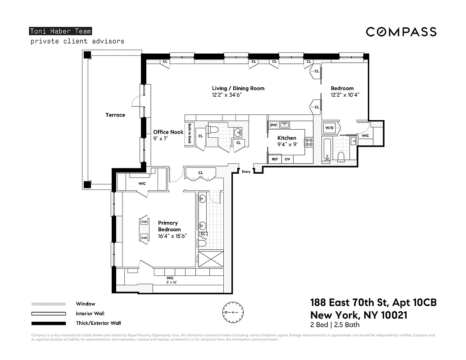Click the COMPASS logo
click(401, 31)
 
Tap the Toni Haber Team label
click(60, 31)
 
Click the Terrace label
click(115, 115)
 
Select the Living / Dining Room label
click(238, 88)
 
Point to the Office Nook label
click(168, 132)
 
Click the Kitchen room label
click(286, 138)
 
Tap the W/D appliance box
click(329, 128)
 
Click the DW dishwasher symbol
click(273, 125)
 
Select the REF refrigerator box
click(274, 159)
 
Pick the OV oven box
click(287, 159)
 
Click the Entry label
click(246, 171)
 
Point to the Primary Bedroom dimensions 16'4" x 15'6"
click(172, 236)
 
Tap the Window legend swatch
click(48, 304)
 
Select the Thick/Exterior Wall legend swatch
click(48, 323)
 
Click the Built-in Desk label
click(190, 134)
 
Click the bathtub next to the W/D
click(327, 150)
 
